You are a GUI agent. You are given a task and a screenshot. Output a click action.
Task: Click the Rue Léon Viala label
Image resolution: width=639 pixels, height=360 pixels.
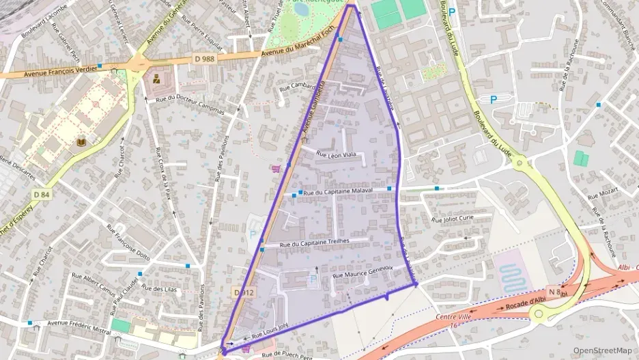(337, 154)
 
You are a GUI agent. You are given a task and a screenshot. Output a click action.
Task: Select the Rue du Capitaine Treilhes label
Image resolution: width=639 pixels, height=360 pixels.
(315, 243)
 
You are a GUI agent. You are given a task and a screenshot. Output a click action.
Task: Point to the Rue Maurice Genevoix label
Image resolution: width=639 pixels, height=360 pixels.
(363, 272)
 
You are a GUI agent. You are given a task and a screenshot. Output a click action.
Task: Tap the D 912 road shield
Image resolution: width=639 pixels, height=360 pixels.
(243, 292)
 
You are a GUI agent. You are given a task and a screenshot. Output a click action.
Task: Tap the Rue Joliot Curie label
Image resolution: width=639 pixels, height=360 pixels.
(452, 219)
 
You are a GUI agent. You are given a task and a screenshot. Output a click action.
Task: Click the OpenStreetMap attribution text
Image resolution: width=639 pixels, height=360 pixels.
(602, 350)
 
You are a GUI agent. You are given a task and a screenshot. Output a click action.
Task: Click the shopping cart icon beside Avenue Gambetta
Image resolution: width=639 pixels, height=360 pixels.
(276, 168)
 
